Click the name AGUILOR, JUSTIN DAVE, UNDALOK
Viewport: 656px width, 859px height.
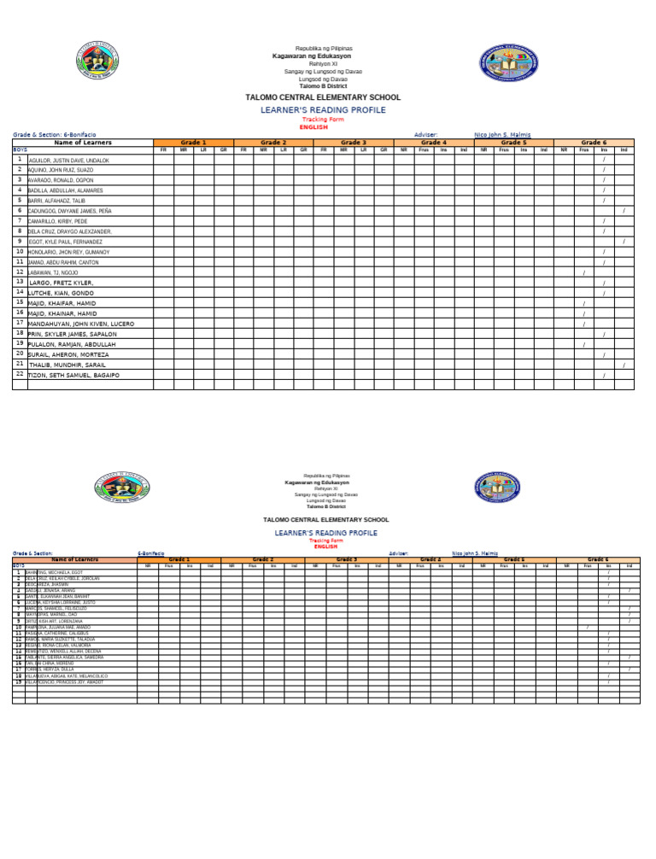pos(68,161)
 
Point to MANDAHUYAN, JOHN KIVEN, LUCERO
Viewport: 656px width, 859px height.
pos(81,324)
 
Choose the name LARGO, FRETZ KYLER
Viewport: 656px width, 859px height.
pos(61,283)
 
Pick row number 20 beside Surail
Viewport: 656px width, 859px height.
pos(19,354)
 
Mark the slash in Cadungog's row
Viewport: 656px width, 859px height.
pos(624,211)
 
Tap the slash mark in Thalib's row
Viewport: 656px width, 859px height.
pos(624,365)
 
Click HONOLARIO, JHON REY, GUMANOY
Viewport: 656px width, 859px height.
pos(69,252)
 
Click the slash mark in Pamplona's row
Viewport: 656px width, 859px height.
pos(587,628)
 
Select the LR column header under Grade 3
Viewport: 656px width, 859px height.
pos(363,149)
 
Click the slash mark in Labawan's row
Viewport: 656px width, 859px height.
pos(583,273)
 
